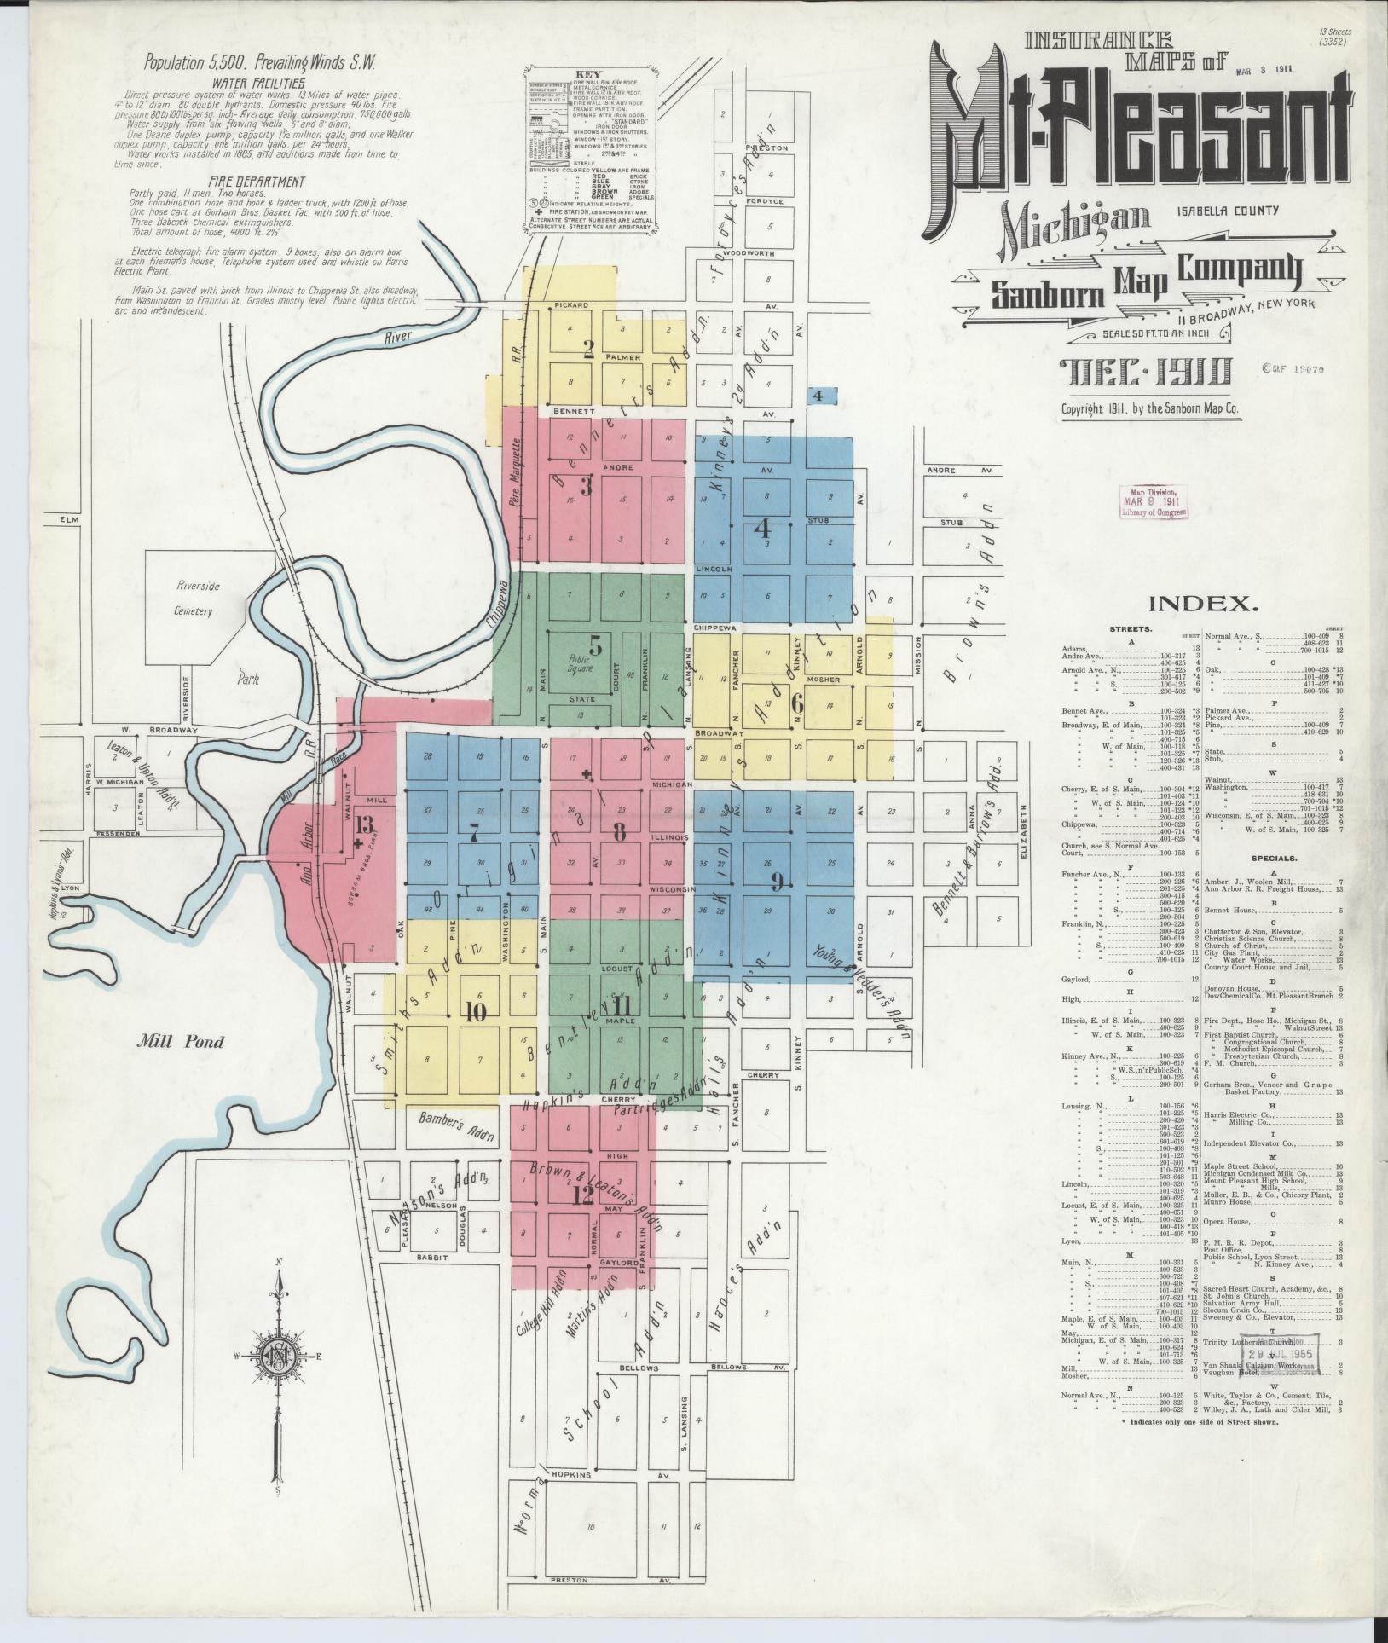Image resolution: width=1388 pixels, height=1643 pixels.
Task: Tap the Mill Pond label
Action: point(183,1041)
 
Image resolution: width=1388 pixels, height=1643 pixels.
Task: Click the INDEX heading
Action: point(1204,604)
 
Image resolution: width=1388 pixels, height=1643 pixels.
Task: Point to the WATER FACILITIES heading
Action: point(259,84)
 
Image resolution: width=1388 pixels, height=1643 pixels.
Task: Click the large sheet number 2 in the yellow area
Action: point(587,347)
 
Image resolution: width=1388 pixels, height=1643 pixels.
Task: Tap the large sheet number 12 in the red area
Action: point(582,1196)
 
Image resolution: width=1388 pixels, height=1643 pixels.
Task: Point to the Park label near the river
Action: point(248,680)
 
